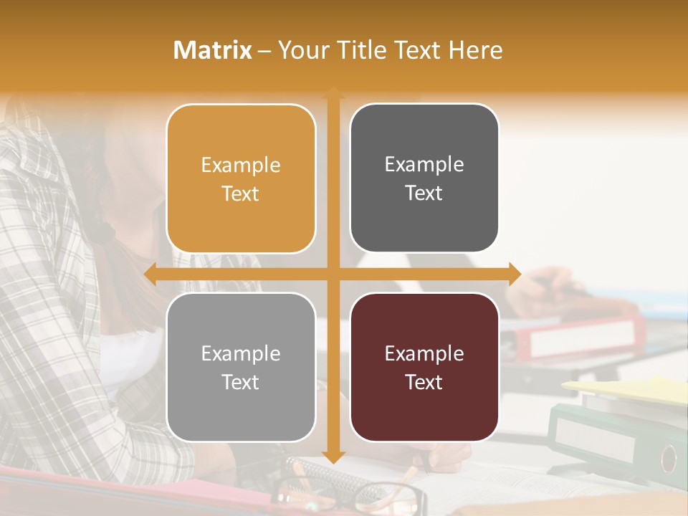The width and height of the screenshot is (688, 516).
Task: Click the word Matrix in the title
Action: point(212,50)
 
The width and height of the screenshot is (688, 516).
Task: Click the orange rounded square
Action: point(241,178)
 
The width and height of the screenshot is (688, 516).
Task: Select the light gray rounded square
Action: point(241,367)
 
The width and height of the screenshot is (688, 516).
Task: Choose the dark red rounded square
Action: point(424,367)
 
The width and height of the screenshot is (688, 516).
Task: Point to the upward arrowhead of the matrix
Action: point(333,92)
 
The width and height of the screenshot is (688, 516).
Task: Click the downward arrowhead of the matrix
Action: point(333,457)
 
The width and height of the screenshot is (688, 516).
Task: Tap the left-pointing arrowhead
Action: point(150,274)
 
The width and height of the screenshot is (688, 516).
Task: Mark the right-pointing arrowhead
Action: point(515,274)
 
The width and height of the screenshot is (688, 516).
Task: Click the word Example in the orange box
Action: point(241,165)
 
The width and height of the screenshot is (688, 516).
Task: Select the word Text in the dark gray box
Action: point(424,193)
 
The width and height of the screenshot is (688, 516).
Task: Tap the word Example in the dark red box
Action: point(424,353)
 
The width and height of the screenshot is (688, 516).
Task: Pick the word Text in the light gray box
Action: point(241,382)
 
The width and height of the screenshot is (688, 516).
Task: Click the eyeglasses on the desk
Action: point(351,494)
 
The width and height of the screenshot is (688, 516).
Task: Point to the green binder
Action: point(616,437)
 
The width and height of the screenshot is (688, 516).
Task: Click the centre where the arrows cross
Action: point(333,274)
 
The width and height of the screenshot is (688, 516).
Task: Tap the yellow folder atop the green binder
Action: point(631,387)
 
